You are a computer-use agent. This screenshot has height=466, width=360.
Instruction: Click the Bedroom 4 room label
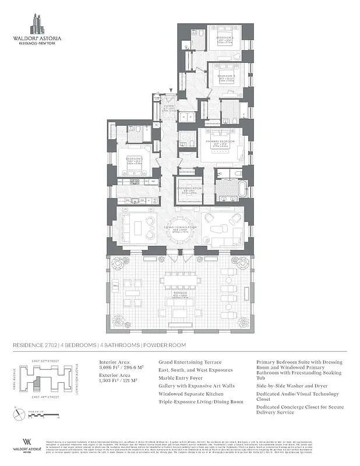coord(225,39)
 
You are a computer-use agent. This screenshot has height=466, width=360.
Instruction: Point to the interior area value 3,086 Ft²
coord(115,368)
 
